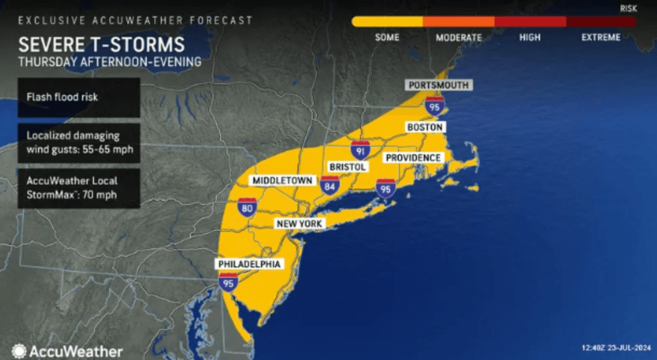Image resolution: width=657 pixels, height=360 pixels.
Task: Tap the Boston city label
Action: coord(424,127)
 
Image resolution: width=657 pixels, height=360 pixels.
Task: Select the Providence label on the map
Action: coord(412,158)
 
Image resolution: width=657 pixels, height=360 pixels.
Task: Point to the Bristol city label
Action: coord(347,166)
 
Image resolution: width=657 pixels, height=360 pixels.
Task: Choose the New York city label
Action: coord(299,223)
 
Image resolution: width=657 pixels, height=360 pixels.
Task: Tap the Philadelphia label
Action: coord(248,263)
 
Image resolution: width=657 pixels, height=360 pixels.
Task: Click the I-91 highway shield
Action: coord(361,149)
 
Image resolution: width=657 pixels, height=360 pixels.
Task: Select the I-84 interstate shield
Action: coord(329,186)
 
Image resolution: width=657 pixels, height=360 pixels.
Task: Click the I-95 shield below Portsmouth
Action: coord(434,105)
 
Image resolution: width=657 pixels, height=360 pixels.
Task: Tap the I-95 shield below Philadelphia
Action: coord(228,282)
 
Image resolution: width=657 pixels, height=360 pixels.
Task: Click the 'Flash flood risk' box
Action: coord(79,97)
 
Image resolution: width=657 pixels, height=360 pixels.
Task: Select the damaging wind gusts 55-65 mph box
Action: coord(79,142)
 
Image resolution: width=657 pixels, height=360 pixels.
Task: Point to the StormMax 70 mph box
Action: coord(79,188)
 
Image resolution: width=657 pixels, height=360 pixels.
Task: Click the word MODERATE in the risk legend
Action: coord(459,38)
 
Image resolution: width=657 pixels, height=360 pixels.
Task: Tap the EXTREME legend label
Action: coord(601,38)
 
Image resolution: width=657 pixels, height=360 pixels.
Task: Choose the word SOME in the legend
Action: coord(387,38)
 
